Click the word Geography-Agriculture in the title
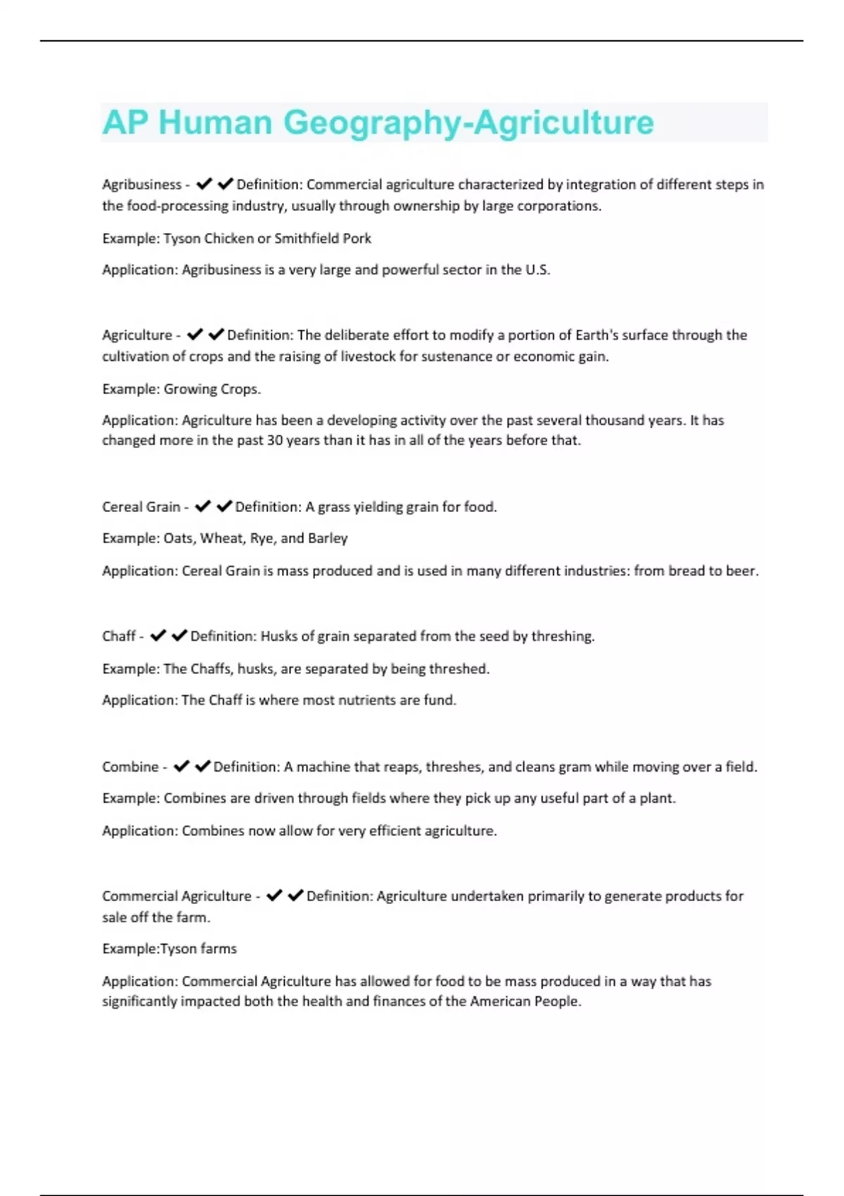pos(468,122)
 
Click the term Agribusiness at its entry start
pos(141,184)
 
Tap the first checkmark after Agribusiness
pos(204,184)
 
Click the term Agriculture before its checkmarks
pos(136,335)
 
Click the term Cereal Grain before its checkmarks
pos(141,507)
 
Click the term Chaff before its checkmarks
pos(119,637)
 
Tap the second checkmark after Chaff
pos(179,636)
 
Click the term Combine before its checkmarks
pos(130,767)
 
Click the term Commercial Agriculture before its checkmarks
pos(177,896)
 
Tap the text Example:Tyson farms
pos(170,949)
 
